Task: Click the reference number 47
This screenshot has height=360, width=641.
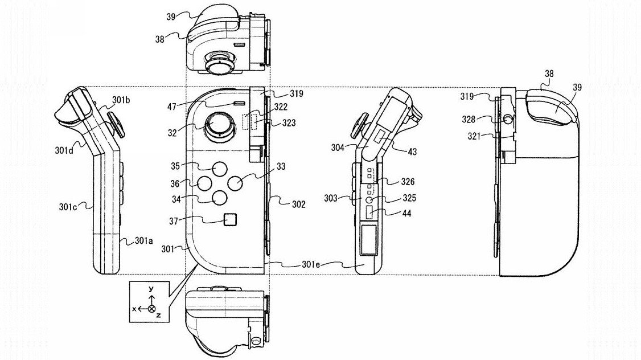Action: pyautogui.click(x=172, y=107)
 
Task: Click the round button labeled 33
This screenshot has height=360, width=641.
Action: pyautogui.click(x=236, y=183)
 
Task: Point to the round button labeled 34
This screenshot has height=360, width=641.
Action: pyautogui.click(x=220, y=198)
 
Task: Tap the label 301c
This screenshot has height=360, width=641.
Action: pyautogui.click(x=67, y=207)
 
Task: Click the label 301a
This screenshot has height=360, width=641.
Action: pyautogui.click(x=144, y=241)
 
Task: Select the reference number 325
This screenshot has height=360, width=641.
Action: pyautogui.click(x=409, y=198)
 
